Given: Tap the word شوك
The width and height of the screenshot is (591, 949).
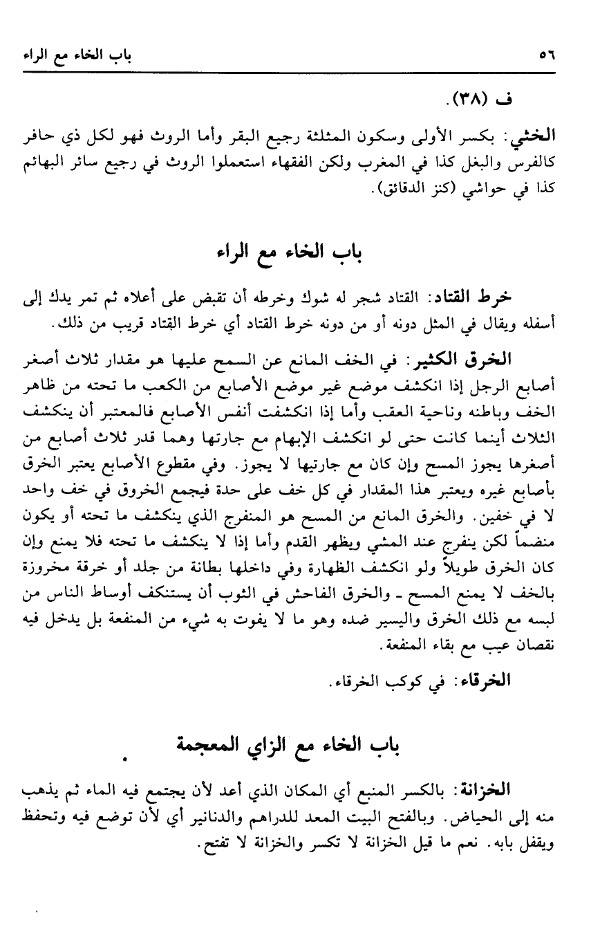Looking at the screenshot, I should (x=319, y=297).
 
